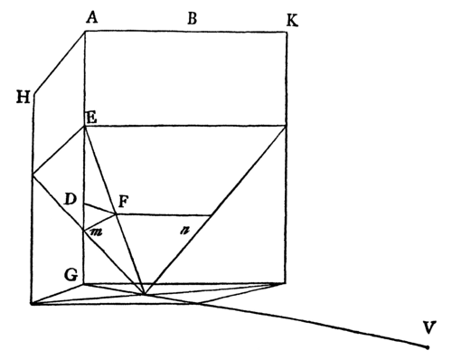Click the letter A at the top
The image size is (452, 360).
point(91,15)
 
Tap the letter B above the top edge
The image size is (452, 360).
point(192,15)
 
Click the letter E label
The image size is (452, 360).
point(90,118)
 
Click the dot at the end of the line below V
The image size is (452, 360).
point(426,346)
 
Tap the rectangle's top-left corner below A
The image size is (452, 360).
point(85,32)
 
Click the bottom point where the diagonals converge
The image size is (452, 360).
point(143,294)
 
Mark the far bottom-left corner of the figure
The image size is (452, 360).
point(33,304)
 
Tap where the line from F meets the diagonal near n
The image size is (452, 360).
point(212,215)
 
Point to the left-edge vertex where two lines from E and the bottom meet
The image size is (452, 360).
point(33,176)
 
